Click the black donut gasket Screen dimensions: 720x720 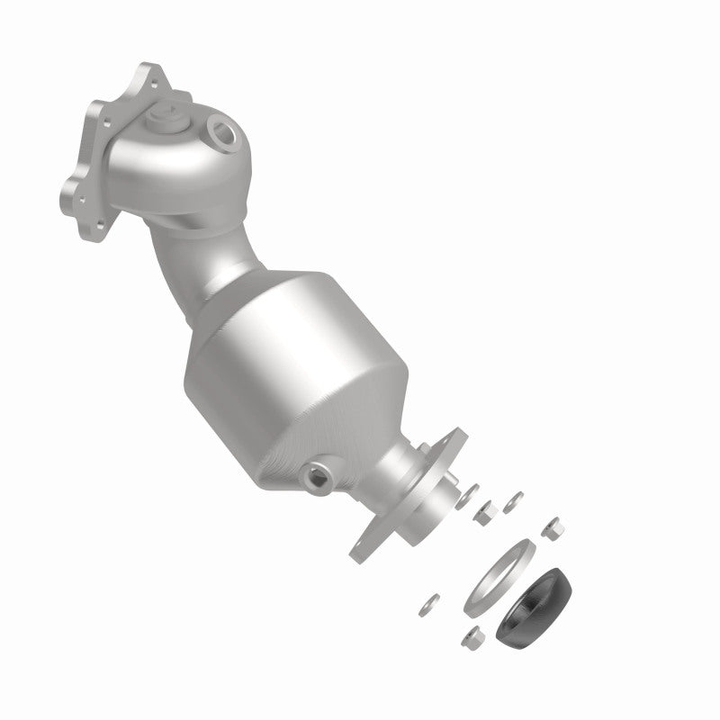click(x=535, y=598)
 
